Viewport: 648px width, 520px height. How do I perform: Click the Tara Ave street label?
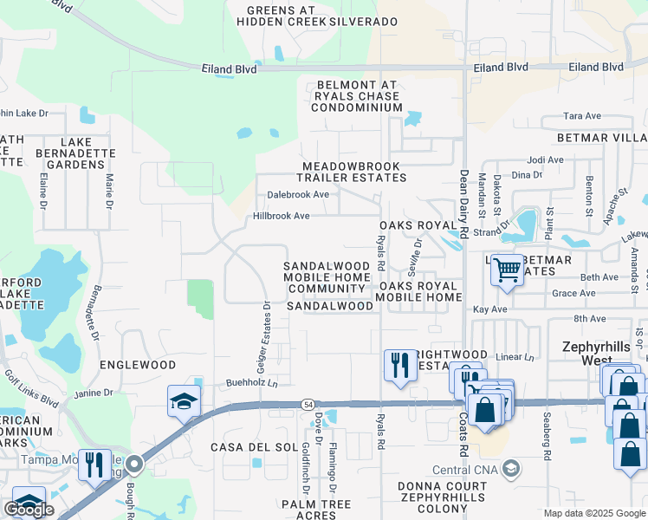point(581,116)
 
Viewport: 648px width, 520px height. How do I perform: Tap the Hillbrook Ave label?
point(281,216)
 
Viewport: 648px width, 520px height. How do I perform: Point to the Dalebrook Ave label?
point(297,195)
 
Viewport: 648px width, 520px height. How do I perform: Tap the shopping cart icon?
point(507,270)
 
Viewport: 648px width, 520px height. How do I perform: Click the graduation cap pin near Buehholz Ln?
point(184,401)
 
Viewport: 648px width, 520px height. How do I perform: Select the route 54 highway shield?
point(308,405)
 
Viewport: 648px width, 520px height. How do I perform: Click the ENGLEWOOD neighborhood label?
point(138,365)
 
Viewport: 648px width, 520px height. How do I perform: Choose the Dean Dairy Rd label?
point(463,205)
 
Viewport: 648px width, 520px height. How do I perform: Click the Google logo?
point(29,510)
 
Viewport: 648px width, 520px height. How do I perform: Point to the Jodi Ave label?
point(545,160)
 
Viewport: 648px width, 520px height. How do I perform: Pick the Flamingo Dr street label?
point(332,468)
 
